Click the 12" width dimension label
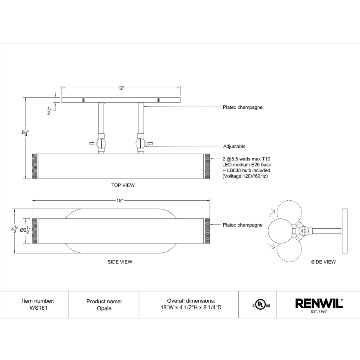tap(121, 88)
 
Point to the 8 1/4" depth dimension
tap(25, 132)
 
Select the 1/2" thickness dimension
tap(49, 111)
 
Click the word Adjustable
tap(234, 147)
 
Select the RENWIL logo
tap(319, 304)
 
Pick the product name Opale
tap(104, 308)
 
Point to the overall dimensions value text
tap(191, 308)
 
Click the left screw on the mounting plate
tap(83, 100)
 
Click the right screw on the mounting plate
tap(159, 100)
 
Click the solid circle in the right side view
tap(279, 231)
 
